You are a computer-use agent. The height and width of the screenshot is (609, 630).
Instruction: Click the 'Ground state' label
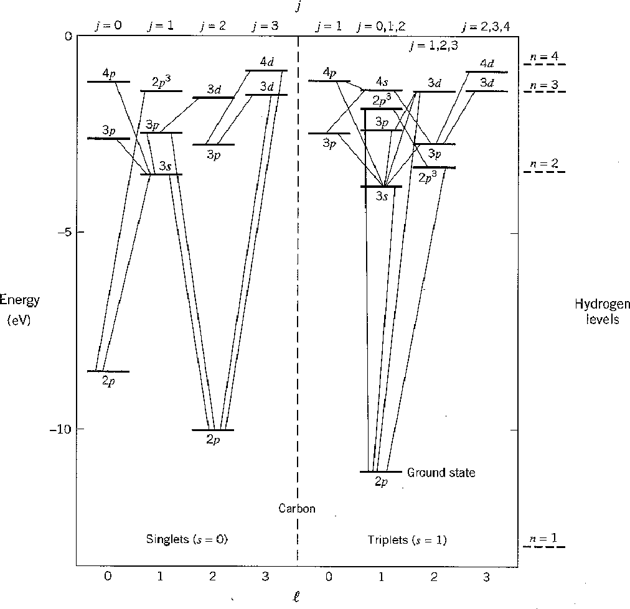pyautogui.click(x=441, y=473)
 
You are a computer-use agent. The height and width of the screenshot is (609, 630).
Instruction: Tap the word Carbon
pyautogui.click(x=297, y=509)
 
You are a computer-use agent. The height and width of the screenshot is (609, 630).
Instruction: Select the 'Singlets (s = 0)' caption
pyautogui.click(x=187, y=539)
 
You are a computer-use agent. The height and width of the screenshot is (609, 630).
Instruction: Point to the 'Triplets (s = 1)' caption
pyautogui.click(x=407, y=539)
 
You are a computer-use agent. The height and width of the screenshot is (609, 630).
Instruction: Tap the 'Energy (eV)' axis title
pyautogui.click(x=19, y=310)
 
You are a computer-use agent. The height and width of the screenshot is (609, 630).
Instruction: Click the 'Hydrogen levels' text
pyautogui.click(x=602, y=311)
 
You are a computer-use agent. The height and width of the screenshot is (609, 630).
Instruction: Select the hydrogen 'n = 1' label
pyautogui.click(x=543, y=538)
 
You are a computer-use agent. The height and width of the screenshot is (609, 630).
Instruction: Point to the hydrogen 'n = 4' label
pyautogui.click(x=545, y=56)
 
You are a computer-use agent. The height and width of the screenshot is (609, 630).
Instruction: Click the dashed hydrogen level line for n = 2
pyautogui.click(x=545, y=172)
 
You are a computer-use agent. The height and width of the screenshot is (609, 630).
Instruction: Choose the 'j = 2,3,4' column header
pyautogui.click(x=486, y=27)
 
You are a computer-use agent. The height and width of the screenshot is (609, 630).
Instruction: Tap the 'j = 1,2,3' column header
pyautogui.click(x=433, y=45)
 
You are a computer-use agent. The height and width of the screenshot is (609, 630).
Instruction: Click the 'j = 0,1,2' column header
pyautogui.click(x=381, y=27)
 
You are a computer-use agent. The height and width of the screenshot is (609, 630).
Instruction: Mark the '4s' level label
pyautogui.click(x=382, y=82)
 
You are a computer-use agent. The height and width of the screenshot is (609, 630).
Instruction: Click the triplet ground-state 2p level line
pyautogui.click(x=381, y=472)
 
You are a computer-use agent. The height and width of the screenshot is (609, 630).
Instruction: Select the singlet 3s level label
pyautogui.click(x=165, y=166)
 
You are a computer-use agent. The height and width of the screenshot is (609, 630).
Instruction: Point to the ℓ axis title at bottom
pyautogui.click(x=296, y=597)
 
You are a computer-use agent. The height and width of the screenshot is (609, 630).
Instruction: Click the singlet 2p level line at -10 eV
pyautogui.click(x=213, y=430)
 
